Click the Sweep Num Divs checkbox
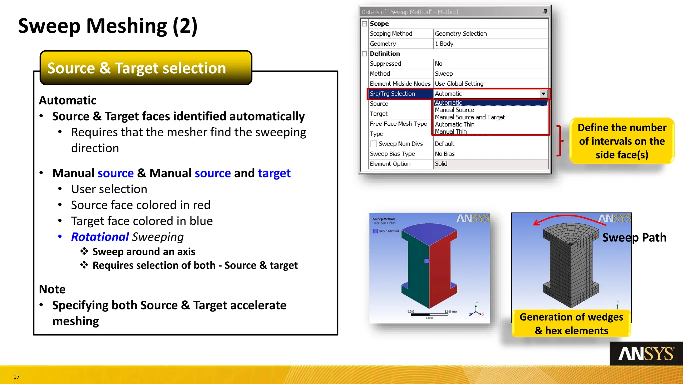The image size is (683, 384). tap(374, 144)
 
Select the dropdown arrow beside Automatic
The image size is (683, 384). tap(543, 94)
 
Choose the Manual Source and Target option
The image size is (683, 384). tap(470, 117)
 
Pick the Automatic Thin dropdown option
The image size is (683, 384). tap(455, 124)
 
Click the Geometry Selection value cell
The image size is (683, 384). tap(490, 34)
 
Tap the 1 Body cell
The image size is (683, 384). tap(490, 44)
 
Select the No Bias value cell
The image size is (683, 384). tap(490, 154)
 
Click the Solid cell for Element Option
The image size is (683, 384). tap(490, 164)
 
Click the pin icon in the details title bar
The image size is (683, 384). tap(545, 12)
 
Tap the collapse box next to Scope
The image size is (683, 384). tap(365, 24)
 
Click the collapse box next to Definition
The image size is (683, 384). tap(365, 54)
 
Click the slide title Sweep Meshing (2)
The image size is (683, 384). tap(108, 26)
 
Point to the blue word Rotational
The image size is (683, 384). tap(100, 237)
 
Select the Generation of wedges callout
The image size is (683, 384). tap(571, 323)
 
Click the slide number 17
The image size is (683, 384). tap(16, 377)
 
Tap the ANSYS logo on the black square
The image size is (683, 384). tap(646, 354)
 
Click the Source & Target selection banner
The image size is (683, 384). tap(146, 68)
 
